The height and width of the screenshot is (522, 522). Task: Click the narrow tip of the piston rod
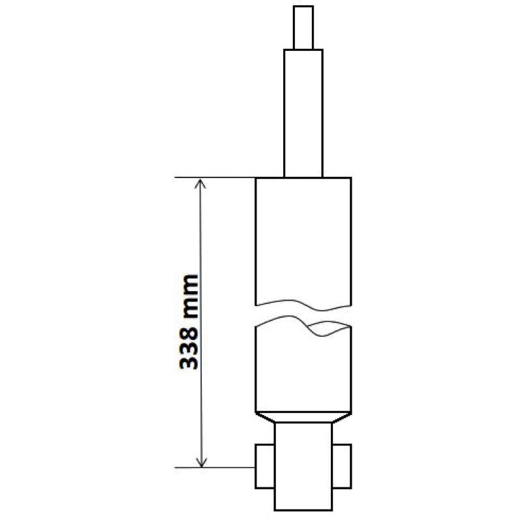pos(303,27)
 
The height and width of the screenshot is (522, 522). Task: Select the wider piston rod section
pos(303,113)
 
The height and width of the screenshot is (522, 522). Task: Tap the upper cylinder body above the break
pos(303,239)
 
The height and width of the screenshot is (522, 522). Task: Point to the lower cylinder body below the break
pos(303,369)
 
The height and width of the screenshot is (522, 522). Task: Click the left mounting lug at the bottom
pos(265,466)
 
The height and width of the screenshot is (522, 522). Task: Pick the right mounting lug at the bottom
pos(342,466)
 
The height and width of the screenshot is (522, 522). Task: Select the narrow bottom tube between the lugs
pos(303,466)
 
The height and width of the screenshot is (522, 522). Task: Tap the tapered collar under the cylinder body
pos(303,418)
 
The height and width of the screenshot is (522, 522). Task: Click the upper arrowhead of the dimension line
pos(200,183)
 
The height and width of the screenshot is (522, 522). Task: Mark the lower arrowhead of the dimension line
pos(201,462)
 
